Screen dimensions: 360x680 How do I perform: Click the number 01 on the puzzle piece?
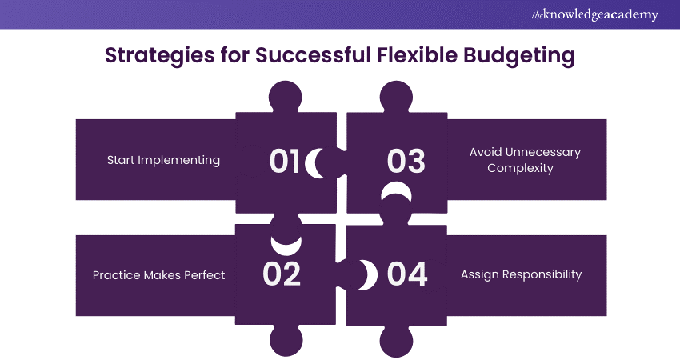point(284,161)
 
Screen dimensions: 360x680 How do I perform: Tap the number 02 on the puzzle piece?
point(282,274)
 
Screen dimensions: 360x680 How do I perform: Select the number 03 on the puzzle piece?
point(406,161)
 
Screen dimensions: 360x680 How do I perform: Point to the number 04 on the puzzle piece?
point(406,274)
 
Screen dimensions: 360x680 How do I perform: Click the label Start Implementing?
point(163,160)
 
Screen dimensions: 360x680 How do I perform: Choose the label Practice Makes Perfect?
point(158,275)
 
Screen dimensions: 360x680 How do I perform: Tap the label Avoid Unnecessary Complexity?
point(526,160)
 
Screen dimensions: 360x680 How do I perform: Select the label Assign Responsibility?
point(521,274)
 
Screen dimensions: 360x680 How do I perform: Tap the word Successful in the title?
point(305,56)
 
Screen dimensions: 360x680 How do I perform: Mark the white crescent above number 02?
point(286,242)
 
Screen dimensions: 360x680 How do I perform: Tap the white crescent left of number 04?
point(366,274)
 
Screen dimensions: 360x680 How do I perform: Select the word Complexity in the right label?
point(526,169)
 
